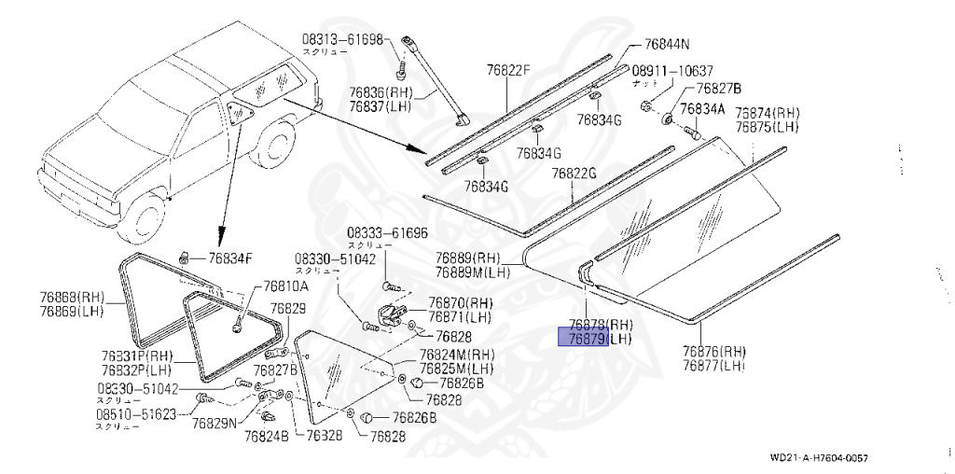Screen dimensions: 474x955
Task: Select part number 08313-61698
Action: tap(342, 39)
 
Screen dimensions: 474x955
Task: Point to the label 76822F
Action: tap(507, 69)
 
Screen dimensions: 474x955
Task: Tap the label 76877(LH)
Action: tap(714, 366)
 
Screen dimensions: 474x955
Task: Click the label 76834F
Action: tap(229, 258)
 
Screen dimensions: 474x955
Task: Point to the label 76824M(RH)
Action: tap(458, 354)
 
